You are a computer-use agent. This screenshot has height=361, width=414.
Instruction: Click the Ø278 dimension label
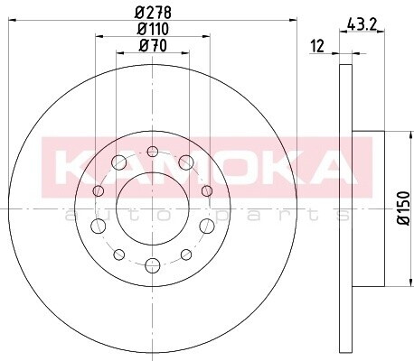153,13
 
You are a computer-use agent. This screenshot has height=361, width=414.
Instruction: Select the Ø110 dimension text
153,29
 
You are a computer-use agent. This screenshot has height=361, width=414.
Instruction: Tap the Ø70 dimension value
153,46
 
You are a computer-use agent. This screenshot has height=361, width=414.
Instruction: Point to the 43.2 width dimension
362,24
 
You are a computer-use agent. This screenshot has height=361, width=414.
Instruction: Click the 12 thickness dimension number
317,46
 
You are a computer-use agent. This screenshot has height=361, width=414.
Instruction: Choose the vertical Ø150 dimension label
404,208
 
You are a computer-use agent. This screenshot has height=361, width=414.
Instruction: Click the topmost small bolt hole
153,152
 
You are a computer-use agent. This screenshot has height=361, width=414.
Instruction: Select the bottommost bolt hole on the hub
153,265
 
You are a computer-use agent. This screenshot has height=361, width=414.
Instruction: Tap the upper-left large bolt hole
118,162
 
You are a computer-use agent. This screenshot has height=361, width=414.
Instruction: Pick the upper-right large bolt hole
186,162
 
